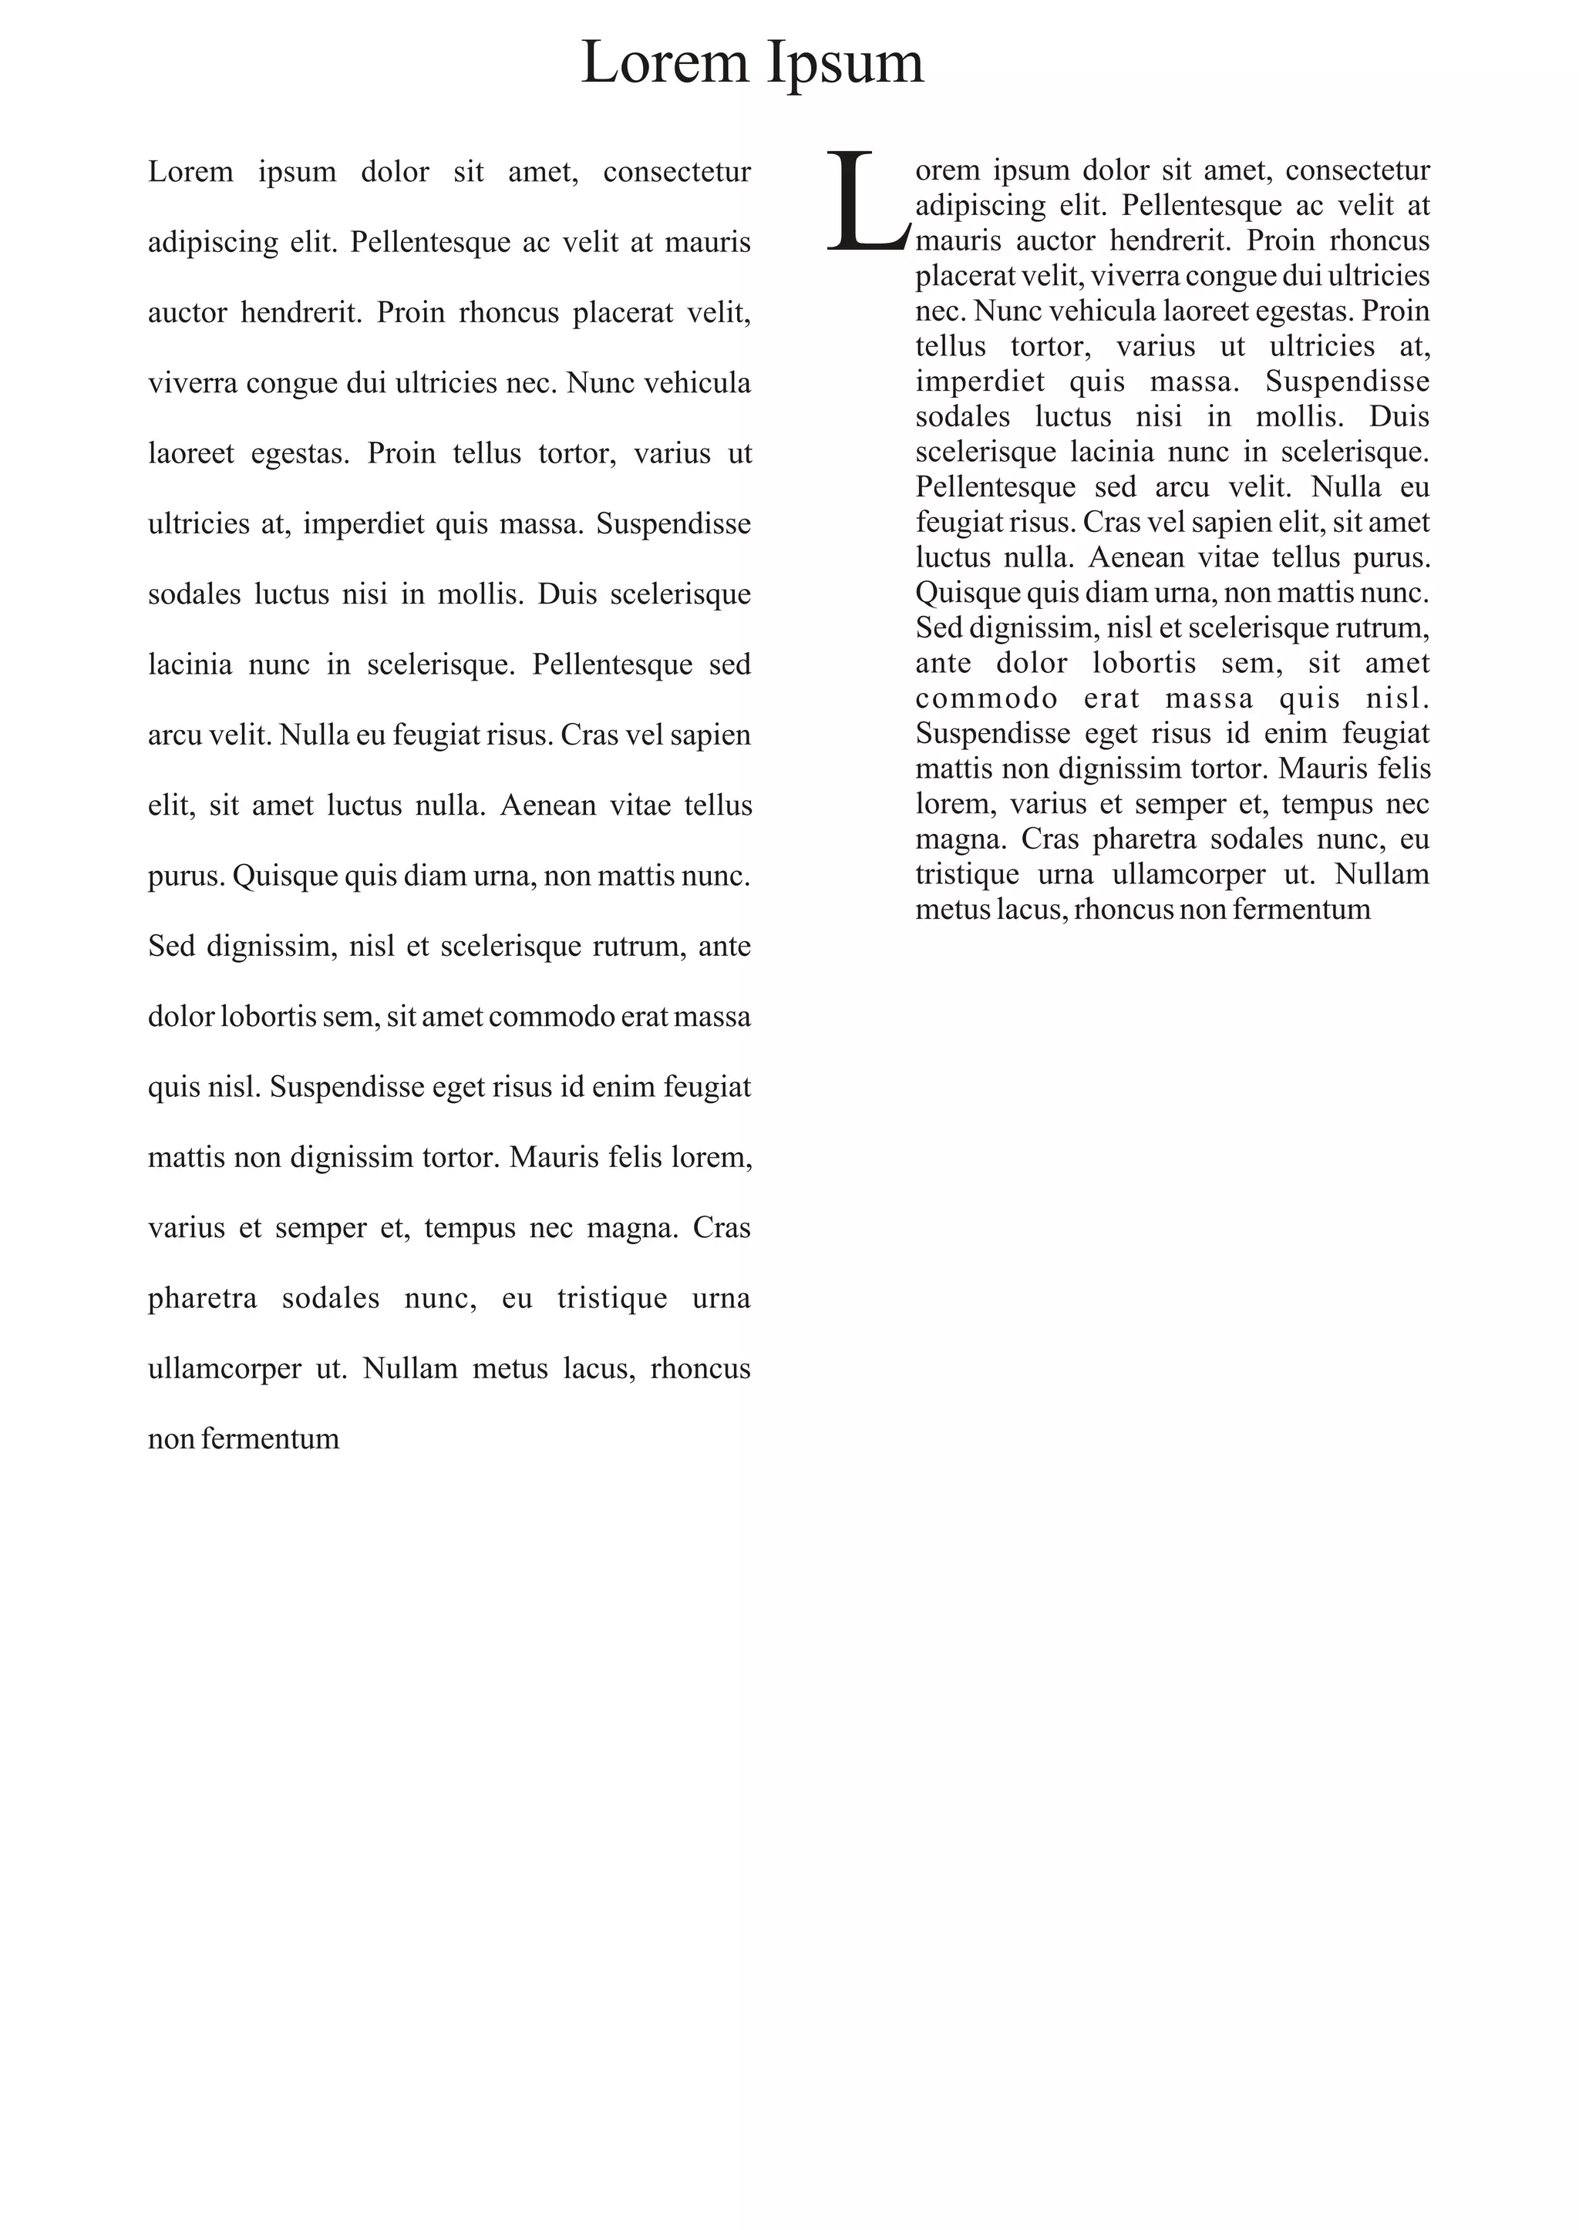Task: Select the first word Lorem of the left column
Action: point(190,172)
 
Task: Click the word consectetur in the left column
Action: point(677,172)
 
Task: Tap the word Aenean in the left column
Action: point(547,806)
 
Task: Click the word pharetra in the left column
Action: point(202,1299)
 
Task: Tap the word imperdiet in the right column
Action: point(980,382)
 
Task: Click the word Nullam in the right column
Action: point(1382,875)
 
